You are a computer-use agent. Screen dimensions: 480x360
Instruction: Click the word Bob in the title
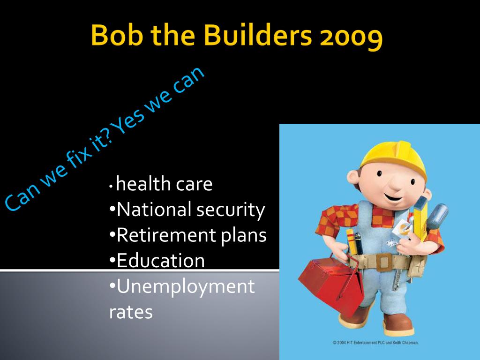[117, 35]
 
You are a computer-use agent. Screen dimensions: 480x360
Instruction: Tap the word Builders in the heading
[257, 35]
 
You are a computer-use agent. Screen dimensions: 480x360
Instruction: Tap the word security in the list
[231, 211]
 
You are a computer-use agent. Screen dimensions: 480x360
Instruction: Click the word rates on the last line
[131, 313]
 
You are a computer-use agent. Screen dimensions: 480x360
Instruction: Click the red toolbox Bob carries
[331, 283]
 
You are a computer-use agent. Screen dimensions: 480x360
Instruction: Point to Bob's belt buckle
[384, 262]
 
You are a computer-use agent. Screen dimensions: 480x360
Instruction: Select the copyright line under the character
[375, 343]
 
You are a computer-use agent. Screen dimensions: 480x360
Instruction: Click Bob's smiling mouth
[393, 197]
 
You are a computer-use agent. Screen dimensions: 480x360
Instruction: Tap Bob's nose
[395, 184]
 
